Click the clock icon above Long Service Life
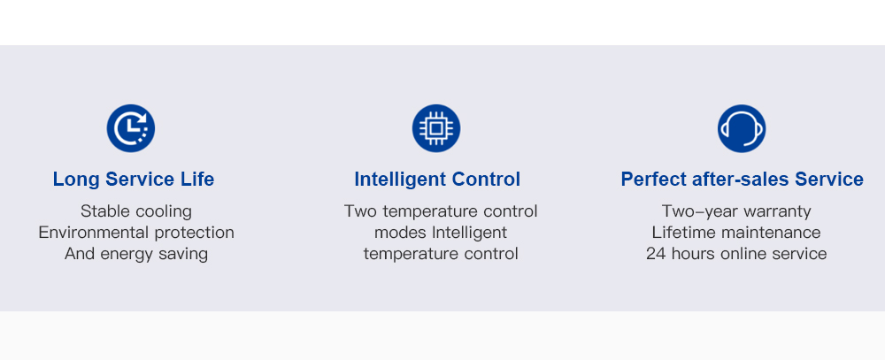131,128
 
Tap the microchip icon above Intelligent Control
436,128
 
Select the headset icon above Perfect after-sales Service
742,128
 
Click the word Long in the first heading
77,180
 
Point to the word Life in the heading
197,180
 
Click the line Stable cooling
136,211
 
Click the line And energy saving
136,254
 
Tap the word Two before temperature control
361,211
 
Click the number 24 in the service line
656,254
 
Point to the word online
740,253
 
